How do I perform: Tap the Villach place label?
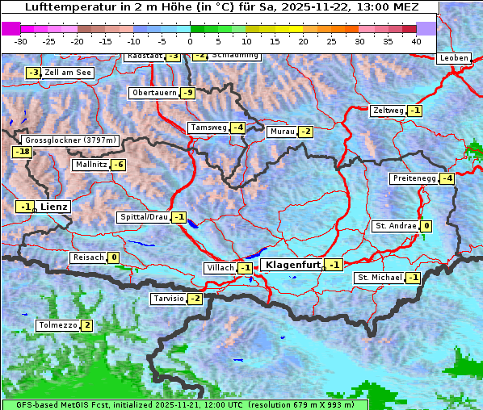[x=219, y=268]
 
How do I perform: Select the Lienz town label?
[x=55, y=207]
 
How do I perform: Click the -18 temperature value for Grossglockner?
[x=22, y=152]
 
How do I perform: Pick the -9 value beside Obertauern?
[x=188, y=93]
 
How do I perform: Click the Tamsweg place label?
[x=208, y=128]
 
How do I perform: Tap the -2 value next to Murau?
[x=304, y=132]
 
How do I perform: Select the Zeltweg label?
[x=387, y=111]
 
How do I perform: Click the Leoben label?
[x=453, y=58]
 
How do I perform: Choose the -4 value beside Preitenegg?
[x=447, y=178]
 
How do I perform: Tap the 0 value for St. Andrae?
[x=426, y=226]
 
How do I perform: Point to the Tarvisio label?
[x=168, y=299]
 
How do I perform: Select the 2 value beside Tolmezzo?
[x=86, y=325]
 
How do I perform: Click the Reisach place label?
[x=89, y=257]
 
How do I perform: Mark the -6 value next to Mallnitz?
[x=118, y=165]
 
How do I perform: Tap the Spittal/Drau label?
[x=143, y=217]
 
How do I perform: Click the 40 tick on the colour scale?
[x=416, y=40]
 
